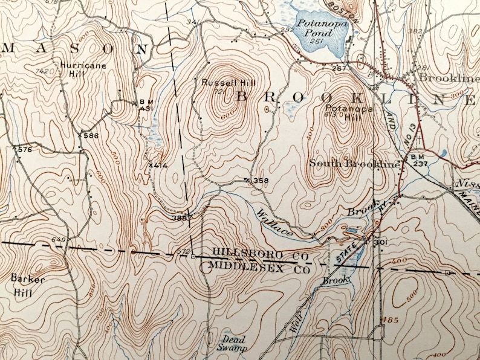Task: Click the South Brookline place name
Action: [x=355, y=164]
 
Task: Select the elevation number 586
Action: [x=91, y=135]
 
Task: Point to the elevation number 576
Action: [x=24, y=149]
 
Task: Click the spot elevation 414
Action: [x=159, y=165]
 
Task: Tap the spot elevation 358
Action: [x=260, y=181]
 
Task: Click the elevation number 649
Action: [x=58, y=240]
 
